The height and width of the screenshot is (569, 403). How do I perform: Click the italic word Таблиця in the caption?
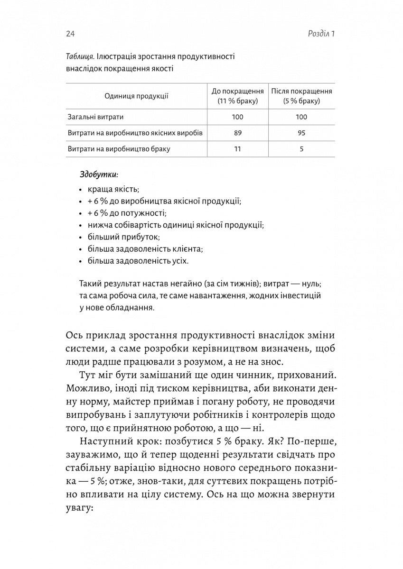coord(80,56)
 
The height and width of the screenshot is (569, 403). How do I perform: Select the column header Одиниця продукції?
coord(136,96)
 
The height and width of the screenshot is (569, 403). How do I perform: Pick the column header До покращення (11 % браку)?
coord(237,96)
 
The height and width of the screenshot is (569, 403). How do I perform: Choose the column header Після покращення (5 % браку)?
coord(301,96)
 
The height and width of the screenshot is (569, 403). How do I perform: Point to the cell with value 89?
coord(238,133)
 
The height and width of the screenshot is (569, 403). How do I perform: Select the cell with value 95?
coord(301,133)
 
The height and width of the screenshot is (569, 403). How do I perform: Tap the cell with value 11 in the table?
coord(238,149)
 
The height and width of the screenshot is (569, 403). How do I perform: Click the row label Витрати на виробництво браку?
coord(119,149)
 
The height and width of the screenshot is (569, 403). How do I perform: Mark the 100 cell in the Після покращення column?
coord(301,117)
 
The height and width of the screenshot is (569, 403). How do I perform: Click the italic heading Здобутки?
coord(99,174)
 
